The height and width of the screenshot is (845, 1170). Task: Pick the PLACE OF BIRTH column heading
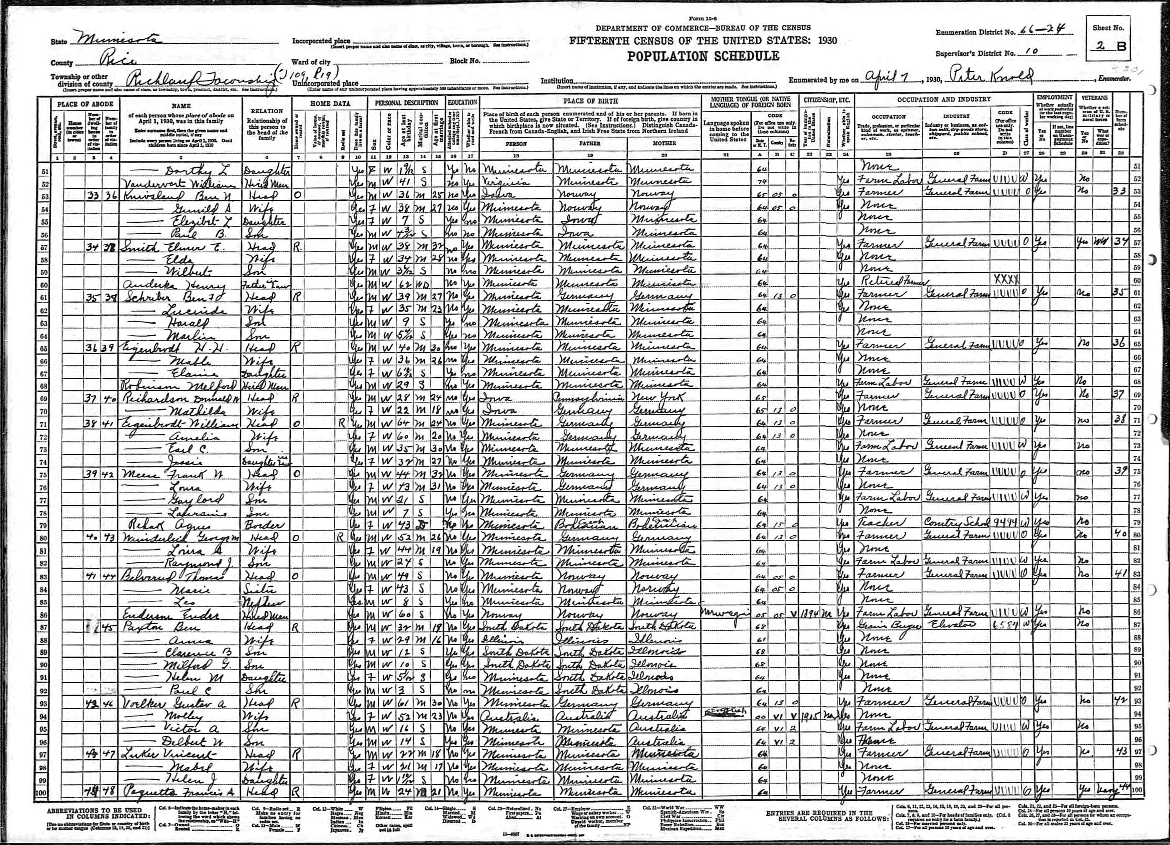click(x=590, y=102)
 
